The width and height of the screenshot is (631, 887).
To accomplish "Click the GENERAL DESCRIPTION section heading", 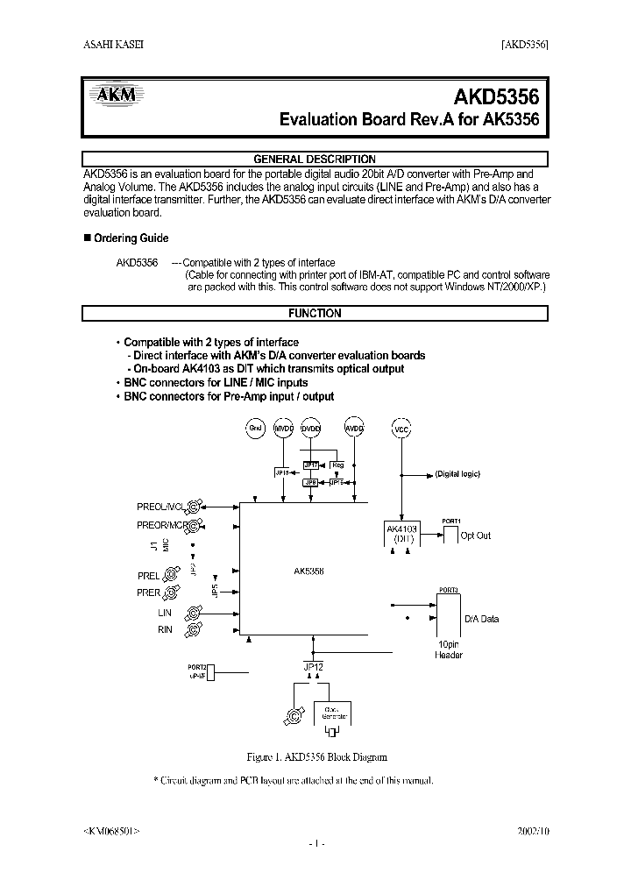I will (x=315, y=160).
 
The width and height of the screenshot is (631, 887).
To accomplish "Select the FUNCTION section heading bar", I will (x=315, y=313).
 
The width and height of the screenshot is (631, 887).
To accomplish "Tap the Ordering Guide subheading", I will (x=131, y=238).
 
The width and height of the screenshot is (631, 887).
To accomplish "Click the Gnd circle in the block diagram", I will (x=255, y=428).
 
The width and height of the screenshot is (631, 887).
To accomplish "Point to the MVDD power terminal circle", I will (x=283, y=429).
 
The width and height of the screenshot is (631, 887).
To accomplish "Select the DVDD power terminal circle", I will (x=311, y=429).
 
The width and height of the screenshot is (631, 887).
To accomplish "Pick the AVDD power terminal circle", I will (x=353, y=429).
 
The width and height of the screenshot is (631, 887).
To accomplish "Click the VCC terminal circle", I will (x=402, y=431).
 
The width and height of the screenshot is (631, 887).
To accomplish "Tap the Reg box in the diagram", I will (x=337, y=465).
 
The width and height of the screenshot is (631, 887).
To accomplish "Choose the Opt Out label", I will (x=476, y=536).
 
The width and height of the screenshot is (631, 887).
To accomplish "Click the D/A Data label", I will (x=481, y=619).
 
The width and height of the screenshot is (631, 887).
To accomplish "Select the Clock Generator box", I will (x=333, y=713).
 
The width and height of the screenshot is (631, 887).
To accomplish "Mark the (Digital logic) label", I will (x=457, y=473).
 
